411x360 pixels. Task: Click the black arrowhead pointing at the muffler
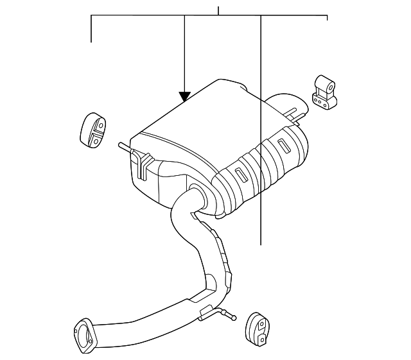point(185,97)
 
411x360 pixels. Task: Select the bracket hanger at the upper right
point(324,93)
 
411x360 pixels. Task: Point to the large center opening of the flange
point(84,334)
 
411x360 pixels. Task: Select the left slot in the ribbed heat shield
point(238,174)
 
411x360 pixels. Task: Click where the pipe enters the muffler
point(193,193)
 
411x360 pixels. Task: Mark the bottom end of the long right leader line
point(261,244)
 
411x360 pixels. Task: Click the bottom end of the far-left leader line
point(91,42)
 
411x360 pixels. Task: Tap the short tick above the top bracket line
point(218,10)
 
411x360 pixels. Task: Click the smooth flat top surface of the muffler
point(193,119)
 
